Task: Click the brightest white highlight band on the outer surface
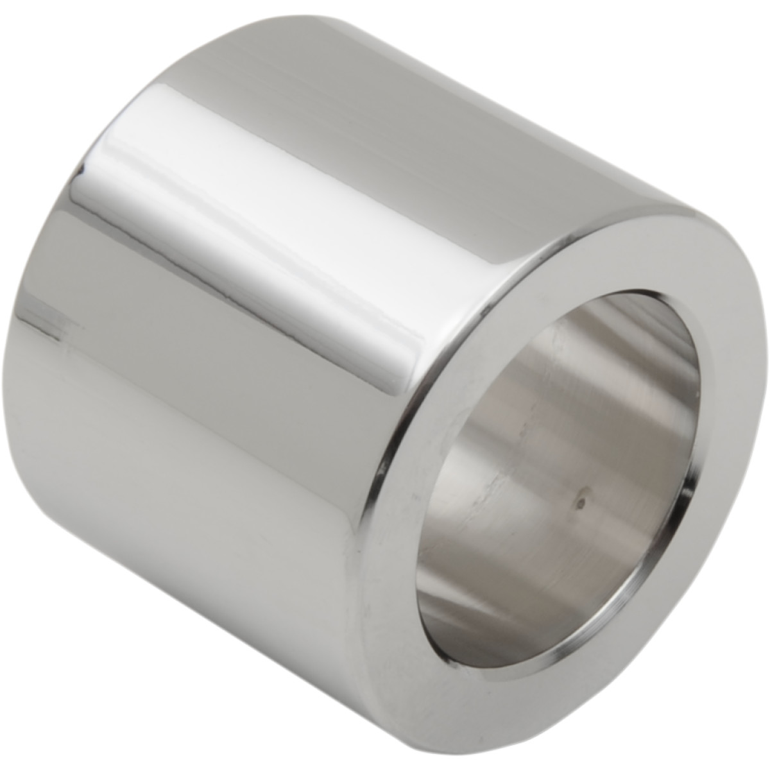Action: click(x=257, y=212)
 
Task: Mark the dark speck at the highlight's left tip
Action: click(x=82, y=170)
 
